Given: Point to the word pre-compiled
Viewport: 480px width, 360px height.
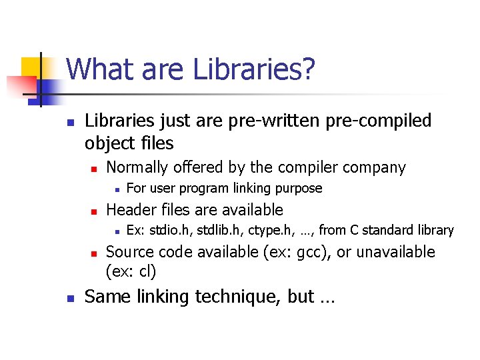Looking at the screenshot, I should pos(377,121).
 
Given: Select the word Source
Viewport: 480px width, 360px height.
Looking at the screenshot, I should pos(131,252).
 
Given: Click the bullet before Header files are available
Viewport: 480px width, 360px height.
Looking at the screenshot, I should pos(95,211).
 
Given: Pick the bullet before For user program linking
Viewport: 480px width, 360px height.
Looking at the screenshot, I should pos(116,189).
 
